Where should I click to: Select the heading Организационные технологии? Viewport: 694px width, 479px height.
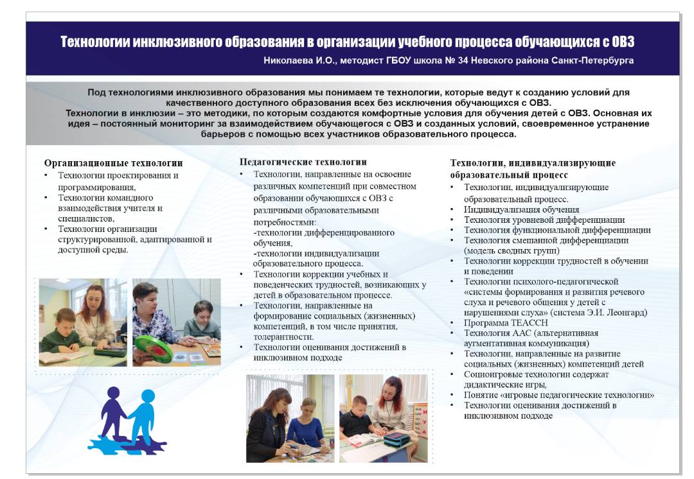[x=113, y=163]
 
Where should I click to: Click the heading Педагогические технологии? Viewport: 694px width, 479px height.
[x=303, y=162]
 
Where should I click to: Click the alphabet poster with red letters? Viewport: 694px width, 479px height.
[x=421, y=417]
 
